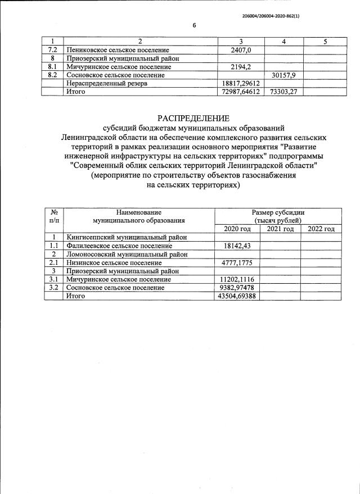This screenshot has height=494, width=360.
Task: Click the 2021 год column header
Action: pyautogui.click(x=280, y=229)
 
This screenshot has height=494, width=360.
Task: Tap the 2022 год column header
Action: pyautogui.click(x=321, y=229)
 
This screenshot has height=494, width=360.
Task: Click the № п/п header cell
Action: pyautogui.click(x=55, y=216)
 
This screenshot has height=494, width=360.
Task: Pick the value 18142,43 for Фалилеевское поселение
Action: pyautogui.click(x=239, y=246)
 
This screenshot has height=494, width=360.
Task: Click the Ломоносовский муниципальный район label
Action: pyautogui.click(x=127, y=254)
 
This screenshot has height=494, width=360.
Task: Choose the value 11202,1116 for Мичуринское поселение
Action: pyautogui.click(x=238, y=279)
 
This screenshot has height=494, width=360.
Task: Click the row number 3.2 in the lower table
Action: pyautogui.click(x=55, y=288)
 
